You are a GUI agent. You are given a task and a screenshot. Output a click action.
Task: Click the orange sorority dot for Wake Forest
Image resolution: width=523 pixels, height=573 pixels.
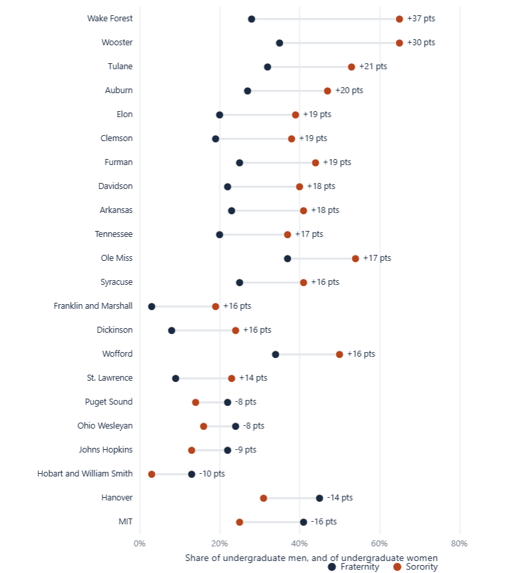point(399,19)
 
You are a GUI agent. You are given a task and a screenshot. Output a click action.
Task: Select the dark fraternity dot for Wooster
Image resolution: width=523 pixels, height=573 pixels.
point(279,43)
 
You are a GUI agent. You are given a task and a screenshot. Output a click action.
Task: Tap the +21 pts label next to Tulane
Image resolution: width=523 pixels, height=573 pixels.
point(373,67)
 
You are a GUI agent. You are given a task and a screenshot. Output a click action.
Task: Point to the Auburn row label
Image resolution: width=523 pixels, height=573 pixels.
point(119,91)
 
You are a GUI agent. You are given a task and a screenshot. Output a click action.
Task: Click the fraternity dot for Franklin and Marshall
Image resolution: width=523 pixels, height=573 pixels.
point(152,307)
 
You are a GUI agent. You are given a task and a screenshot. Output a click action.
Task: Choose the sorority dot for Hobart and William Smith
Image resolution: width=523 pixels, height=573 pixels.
point(152,475)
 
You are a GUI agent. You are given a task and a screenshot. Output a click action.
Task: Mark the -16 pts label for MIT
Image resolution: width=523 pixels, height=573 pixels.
point(324,522)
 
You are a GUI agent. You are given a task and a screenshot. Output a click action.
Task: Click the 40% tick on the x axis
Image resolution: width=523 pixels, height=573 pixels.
point(299,544)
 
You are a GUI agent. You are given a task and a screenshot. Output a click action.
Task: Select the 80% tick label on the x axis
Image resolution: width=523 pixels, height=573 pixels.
point(459,544)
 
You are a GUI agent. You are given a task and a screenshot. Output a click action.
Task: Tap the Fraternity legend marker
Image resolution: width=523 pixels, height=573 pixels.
point(332,567)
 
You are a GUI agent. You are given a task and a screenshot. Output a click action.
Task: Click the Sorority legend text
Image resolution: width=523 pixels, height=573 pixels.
point(422,567)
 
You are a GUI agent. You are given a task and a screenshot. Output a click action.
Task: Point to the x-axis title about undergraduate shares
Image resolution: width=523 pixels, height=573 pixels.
point(311,558)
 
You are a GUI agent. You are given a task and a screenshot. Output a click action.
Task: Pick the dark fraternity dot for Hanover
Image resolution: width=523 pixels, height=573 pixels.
point(319,498)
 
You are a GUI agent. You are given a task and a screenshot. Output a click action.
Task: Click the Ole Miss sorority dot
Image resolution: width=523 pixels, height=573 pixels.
point(355,259)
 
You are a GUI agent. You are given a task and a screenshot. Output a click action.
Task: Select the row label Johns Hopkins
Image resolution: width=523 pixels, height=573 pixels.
point(106,449)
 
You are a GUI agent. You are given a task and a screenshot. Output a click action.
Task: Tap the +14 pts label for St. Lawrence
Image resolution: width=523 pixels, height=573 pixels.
point(254,378)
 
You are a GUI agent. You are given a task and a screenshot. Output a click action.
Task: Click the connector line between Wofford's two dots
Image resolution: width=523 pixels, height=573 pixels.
point(307,355)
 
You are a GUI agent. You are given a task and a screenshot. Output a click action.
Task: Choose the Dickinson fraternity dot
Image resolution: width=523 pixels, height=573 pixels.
point(172,331)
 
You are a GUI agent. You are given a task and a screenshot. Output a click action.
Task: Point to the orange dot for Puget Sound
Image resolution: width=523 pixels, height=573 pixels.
point(196,403)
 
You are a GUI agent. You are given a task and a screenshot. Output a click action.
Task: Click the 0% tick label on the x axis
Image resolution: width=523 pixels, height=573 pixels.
point(140,544)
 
